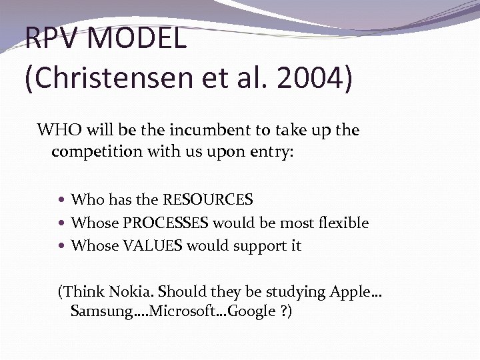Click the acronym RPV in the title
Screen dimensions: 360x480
point(52,38)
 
